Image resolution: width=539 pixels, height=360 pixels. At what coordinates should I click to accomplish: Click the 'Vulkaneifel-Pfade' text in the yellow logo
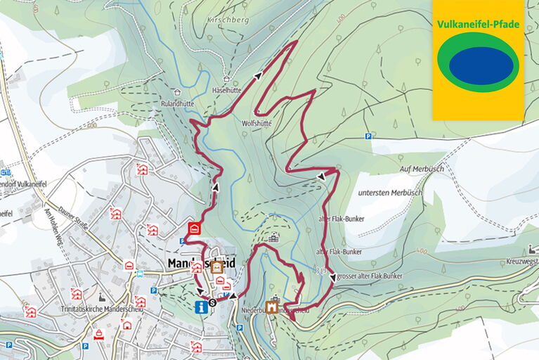coord(478,24)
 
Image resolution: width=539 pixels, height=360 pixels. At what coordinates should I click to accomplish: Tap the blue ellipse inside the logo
coord(481,66)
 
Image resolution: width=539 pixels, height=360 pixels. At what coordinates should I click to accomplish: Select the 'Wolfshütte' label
coord(256,122)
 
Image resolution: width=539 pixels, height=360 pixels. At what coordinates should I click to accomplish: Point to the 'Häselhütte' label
coord(226,91)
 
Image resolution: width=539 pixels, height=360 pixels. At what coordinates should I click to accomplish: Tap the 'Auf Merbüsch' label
coord(422,169)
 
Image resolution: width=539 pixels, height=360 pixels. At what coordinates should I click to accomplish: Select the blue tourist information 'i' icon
coord(202,306)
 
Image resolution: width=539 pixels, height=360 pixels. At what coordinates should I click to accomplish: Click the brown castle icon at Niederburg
coord(271,307)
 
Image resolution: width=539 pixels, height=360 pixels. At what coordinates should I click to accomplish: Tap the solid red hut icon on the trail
coord(195,229)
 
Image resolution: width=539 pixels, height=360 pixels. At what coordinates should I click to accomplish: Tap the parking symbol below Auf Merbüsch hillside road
coord(367,136)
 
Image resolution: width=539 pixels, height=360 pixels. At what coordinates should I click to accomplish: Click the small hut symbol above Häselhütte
coord(226,80)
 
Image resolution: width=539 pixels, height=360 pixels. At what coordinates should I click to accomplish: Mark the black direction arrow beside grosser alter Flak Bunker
coord(332,277)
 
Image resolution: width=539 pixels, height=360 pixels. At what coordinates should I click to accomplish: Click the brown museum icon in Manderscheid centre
coord(216,266)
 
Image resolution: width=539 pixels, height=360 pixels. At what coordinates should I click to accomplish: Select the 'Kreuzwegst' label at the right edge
coord(522,261)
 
